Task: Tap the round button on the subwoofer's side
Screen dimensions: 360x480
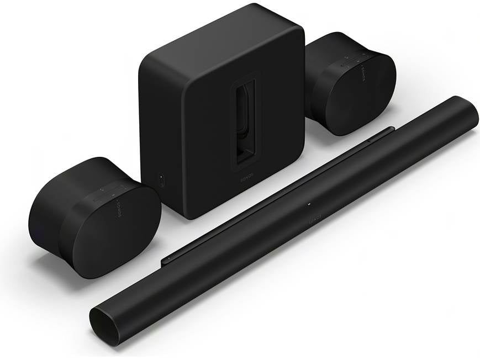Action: (x=161, y=179)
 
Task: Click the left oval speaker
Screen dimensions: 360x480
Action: (x=94, y=215)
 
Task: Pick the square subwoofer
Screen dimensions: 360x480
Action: (x=221, y=110)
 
